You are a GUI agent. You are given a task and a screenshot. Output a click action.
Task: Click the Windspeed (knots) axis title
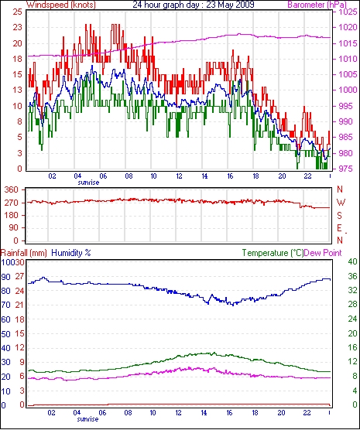(x=61, y=5)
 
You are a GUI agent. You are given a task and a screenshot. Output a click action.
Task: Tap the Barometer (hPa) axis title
(x=317, y=5)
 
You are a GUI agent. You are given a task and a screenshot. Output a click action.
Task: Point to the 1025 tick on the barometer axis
(x=348, y=12)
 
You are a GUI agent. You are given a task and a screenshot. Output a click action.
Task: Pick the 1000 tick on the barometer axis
(x=348, y=90)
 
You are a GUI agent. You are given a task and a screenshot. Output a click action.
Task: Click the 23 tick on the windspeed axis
(x=16, y=27)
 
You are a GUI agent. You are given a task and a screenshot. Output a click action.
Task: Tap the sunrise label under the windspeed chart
(x=88, y=183)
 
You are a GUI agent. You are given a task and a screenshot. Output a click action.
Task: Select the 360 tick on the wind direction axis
(x=12, y=189)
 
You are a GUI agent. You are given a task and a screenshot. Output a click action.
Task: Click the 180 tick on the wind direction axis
(x=12, y=215)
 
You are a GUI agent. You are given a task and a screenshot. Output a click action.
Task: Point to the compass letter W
(x=341, y=203)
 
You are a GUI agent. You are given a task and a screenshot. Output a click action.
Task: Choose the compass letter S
(x=340, y=216)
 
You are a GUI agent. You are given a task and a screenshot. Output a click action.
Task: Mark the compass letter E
(x=340, y=228)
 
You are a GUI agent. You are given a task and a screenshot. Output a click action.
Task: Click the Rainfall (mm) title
(x=24, y=253)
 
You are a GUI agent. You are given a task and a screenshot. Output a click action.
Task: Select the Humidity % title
(x=71, y=253)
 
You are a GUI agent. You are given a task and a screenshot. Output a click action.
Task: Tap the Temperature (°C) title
(x=273, y=253)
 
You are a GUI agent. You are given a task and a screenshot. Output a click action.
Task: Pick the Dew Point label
(x=323, y=253)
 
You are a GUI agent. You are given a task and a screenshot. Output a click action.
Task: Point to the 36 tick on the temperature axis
(x=352, y=276)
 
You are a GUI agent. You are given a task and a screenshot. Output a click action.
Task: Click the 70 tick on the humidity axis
(x=6, y=305)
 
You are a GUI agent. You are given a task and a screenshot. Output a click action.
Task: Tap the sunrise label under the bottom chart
(x=87, y=419)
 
